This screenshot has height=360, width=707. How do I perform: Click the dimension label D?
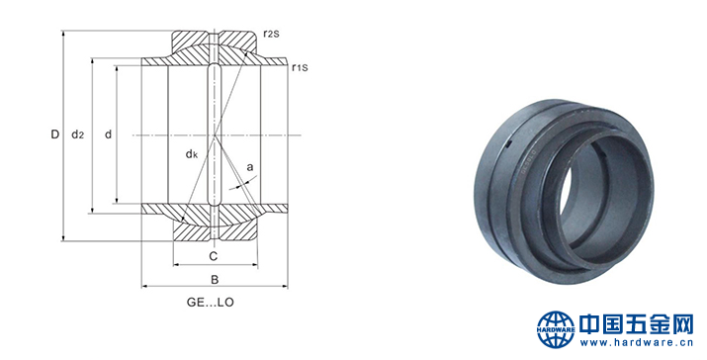click(x=55, y=134)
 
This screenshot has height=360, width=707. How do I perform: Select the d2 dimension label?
click(x=78, y=134)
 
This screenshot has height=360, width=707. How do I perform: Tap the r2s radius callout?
click(x=271, y=34)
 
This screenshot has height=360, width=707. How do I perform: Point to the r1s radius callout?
click(x=300, y=68)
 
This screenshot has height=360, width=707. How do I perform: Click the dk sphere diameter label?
click(x=192, y=154)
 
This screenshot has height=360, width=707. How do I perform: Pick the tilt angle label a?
click(x=250, y=168)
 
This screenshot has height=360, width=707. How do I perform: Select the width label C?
click(x=214, y=256)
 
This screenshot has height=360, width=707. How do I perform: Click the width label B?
click(x=215, y=280)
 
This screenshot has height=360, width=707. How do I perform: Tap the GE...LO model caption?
click(x=211, y=303)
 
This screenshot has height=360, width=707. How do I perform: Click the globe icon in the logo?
click(x=556, y=329)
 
